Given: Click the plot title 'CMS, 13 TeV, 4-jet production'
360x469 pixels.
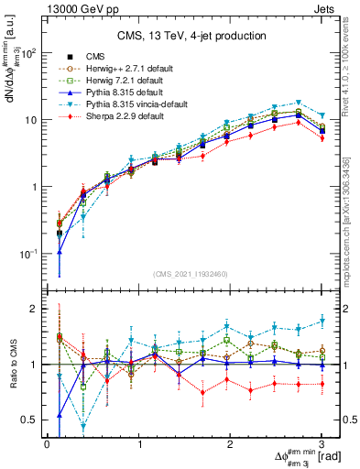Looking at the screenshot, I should point(191,36).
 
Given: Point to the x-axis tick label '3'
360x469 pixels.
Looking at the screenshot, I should point(322,444).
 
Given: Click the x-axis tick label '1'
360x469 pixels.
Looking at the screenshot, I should point(139,444).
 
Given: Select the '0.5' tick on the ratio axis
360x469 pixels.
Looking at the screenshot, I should point(31,420).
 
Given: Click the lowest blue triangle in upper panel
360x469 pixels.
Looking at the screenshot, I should point(60,252).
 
